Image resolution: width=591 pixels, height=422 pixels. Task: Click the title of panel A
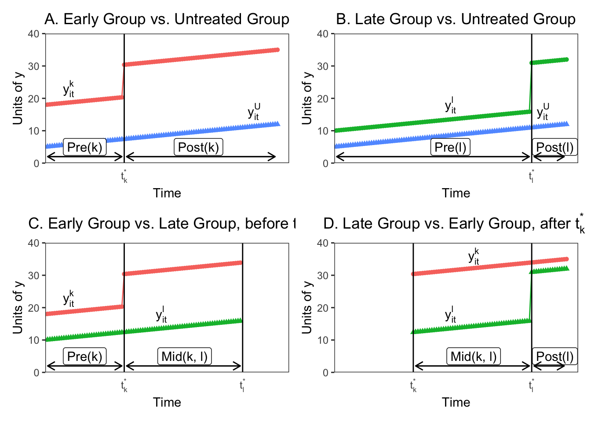167,19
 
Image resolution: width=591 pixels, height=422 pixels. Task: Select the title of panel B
456,19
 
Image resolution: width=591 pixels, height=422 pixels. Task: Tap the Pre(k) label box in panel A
85,147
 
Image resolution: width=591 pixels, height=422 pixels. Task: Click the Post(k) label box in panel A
198,147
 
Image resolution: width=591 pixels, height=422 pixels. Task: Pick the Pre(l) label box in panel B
450,147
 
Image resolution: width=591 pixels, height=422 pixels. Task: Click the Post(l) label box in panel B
555,147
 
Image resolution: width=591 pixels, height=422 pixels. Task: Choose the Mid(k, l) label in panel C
185,357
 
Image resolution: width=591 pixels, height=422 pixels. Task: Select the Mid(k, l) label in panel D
474,357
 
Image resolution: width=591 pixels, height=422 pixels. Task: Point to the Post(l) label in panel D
555,357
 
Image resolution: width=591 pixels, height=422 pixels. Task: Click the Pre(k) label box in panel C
85,357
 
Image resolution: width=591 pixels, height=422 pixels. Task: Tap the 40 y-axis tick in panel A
34,34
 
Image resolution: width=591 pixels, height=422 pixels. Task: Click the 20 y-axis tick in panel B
323,98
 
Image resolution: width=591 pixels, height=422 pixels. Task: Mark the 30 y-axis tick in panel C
34,276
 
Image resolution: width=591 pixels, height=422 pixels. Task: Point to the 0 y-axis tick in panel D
326,373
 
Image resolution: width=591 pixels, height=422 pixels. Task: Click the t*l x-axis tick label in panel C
242,386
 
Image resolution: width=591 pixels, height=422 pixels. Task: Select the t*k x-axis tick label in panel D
413,386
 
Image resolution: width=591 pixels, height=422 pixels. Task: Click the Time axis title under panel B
456,193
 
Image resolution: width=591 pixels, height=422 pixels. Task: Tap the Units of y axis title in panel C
18,307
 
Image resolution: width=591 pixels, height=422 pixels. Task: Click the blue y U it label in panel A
254,112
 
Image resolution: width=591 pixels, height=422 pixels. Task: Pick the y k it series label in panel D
474,257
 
